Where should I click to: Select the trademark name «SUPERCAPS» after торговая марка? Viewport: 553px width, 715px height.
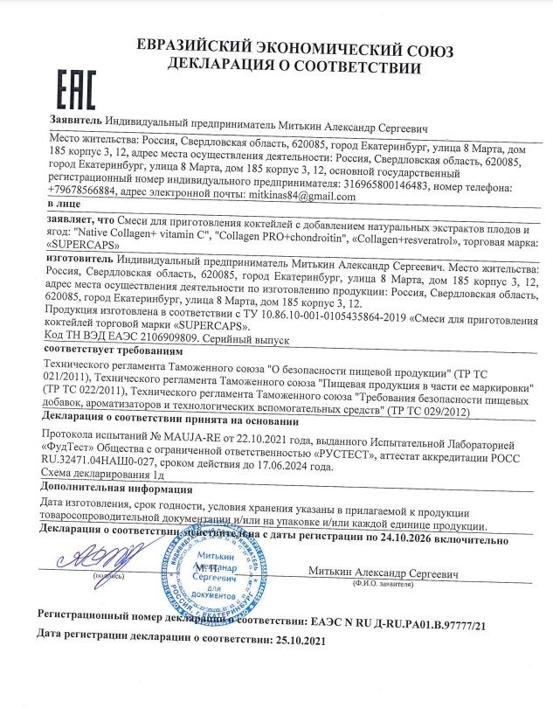tap(78, 246)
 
